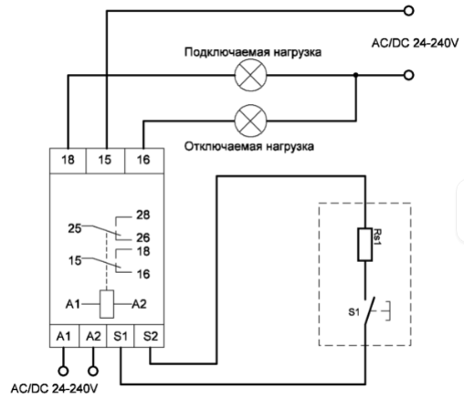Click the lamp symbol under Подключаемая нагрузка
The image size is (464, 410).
click(250, 75)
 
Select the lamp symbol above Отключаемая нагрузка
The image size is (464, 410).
click(250, 121)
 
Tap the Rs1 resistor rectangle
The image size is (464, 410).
click(364, 245)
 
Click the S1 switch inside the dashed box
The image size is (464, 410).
click(369, 311)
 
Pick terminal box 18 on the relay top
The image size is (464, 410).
click(68, 161)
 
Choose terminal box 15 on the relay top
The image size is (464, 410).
click(105, 161)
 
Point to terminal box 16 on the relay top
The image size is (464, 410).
click(144, 161)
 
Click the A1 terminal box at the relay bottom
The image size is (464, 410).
click(64, 336)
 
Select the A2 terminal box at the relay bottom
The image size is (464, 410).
click(93, 336)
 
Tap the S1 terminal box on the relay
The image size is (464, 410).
click(121, 336)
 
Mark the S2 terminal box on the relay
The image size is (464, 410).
click(149, 336)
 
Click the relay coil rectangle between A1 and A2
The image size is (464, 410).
click(107, 304)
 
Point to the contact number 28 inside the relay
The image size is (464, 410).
click(143, 216)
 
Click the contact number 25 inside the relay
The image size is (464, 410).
click(75, 228)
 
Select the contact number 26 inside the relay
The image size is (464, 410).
click(143, 237)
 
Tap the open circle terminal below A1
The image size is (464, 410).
click(63, 372)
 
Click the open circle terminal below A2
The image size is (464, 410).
click(93, 372)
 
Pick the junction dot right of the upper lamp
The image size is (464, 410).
click(355, 75)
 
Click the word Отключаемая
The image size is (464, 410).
click(223, 146)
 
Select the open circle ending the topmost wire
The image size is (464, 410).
click(408, 11)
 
